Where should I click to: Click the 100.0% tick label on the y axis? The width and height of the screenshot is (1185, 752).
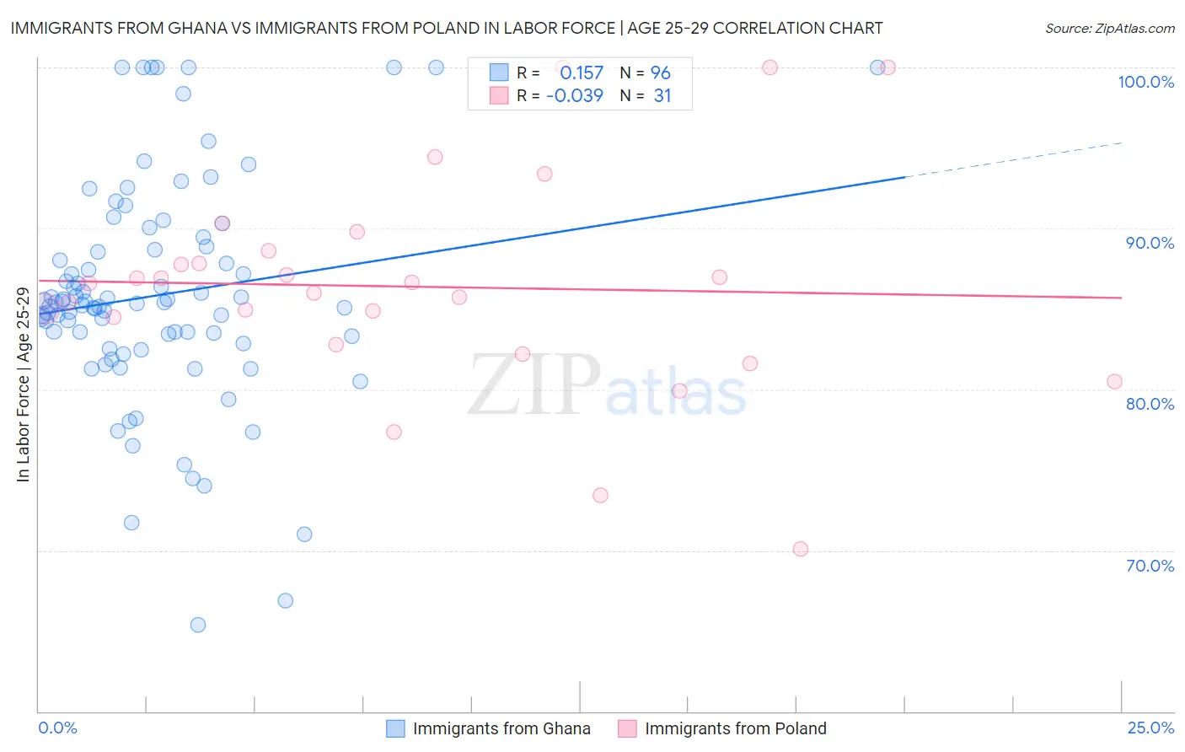pyautogui.click(x=1145, y=82)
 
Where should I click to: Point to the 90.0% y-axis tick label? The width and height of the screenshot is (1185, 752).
pyautogui.click(x=1150, y=243)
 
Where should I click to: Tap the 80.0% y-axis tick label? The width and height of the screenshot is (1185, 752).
pyautogui.click(x=1150, y=404)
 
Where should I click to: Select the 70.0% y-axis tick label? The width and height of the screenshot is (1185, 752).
pyautogui.click(x=1150, y=566)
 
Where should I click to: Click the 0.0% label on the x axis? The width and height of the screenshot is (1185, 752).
pyautogui.click(x=57, y=728)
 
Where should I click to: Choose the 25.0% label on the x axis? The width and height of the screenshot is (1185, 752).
pyautogui.click(x=1150, y=728)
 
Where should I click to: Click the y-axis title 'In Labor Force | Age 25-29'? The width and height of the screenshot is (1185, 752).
pyautogui.click(x=24, y=385)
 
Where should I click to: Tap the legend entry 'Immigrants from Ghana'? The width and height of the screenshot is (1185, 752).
pyautogui.click(x=501, y=728)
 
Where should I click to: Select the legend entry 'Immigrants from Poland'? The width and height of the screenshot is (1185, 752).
pyautogui.click(x=735, y=728)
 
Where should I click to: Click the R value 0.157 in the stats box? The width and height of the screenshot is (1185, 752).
pyautogui.click(x=582, y=73)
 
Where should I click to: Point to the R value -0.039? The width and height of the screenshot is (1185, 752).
pyautogui.click(x=575, y=96)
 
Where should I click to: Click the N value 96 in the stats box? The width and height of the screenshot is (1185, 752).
pyautogui.click(x=660, y=73)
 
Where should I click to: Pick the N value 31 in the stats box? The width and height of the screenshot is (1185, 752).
pyautogui.click(x=662, y=96)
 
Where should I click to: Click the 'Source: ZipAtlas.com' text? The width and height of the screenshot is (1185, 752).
pyautogui.click(x=1109, y=29)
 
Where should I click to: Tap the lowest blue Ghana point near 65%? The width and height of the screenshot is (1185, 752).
pyautogui.click(x=198, y=625)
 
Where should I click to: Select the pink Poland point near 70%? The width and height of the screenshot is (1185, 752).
pyautogui.click(x=801, y=549)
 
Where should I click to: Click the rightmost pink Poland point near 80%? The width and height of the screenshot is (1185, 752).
pyautogui.click(x=1114, y=381)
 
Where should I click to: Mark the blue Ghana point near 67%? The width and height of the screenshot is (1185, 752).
pyautogui.click(x=286, y=600)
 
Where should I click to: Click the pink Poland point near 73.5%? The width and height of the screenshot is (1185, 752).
pyautogui.click(x=600, y=495)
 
